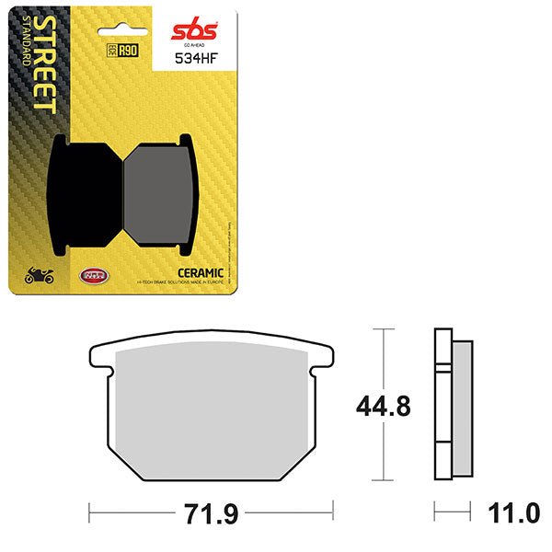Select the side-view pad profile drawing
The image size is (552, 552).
point(453,404)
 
